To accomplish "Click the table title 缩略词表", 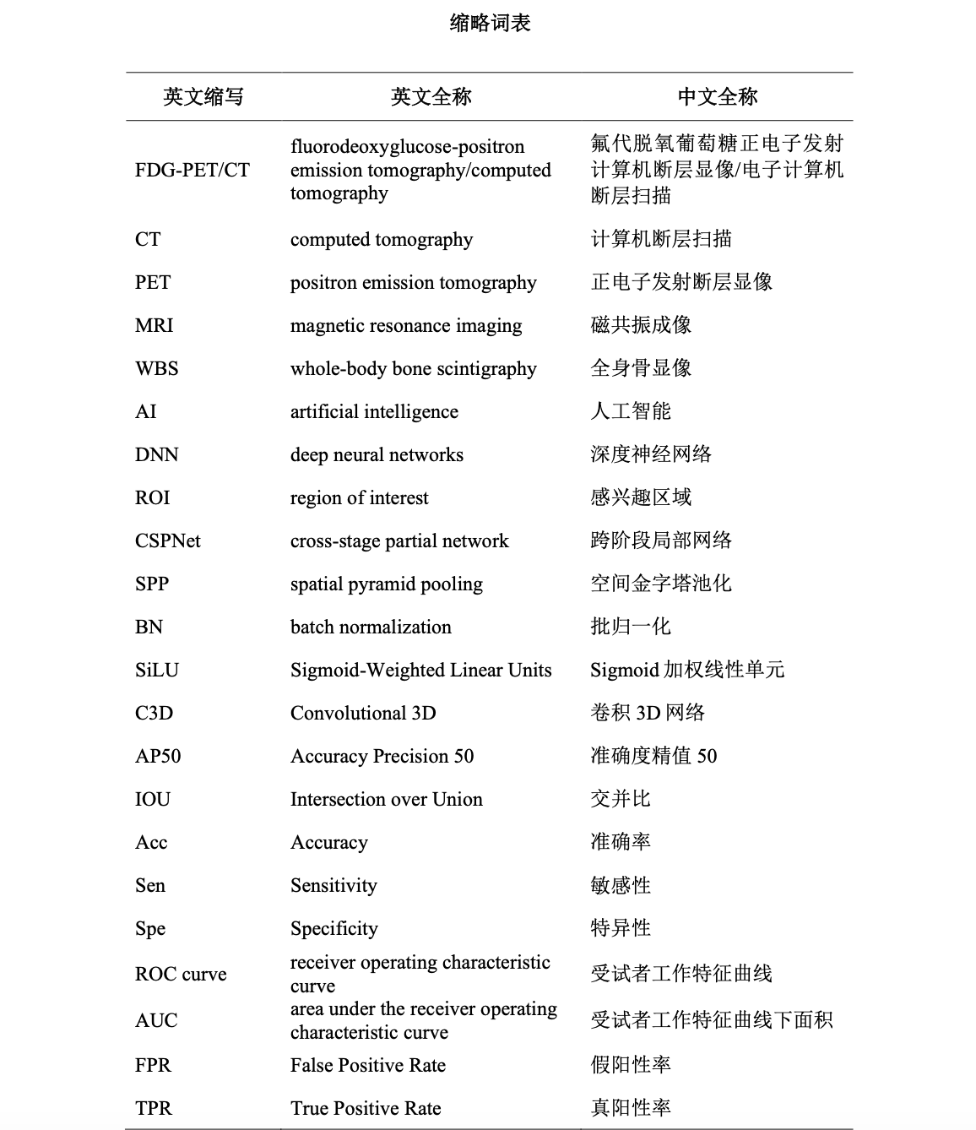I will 490,24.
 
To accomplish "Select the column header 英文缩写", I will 203,97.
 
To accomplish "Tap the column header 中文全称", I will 718,97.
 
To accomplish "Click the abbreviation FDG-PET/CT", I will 192,170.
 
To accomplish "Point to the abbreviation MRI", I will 154,325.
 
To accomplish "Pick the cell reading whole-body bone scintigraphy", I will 414,368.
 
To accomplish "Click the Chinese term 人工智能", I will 631,411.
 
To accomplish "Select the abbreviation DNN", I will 156,454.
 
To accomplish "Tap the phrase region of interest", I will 360,497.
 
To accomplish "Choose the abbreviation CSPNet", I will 168,541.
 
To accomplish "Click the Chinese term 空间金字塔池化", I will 661,584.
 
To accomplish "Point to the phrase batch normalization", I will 371,627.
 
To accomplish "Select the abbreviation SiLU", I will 157,670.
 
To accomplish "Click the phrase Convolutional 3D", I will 363,713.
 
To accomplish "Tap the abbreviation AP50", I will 158,756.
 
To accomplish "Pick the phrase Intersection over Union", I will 387,799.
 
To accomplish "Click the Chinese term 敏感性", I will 621,885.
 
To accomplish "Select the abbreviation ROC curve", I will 181,974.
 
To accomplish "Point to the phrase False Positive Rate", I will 368,1065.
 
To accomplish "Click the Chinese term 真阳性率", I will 631,1108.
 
